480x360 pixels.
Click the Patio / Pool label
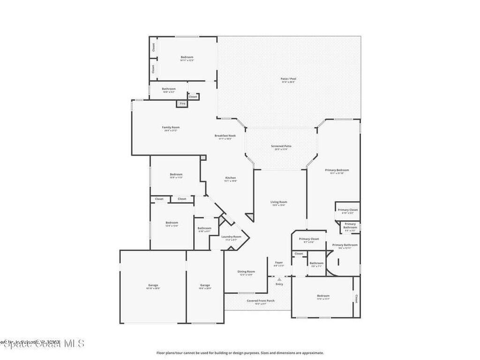coord(288,79)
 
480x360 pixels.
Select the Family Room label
coord(171,127)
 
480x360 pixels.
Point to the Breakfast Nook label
coord(225,136)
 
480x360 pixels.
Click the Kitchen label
coord(231,178)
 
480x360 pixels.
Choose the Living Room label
coord(278,202)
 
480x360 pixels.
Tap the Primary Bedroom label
coord(337,170)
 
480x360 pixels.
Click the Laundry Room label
coord(232,237)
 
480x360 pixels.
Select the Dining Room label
coord(247,271)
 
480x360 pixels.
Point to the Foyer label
coord(279,262)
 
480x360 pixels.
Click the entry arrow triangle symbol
coord(279,279)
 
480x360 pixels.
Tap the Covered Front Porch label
coord(261,300)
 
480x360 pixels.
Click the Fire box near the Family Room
coord(182,104)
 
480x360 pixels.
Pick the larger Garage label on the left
coord(153,285)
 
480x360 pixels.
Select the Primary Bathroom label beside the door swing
coord(345,245)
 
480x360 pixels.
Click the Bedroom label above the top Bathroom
coord(187,57)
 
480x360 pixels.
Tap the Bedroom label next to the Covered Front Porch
coord(323,296)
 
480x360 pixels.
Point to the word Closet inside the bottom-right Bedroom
coord(356,298)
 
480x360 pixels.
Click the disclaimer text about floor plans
coord(240,352)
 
